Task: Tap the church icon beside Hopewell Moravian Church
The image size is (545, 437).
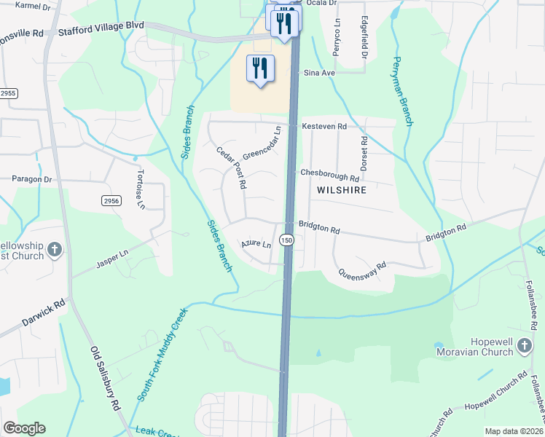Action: pyautogui.click(x=524, y=347)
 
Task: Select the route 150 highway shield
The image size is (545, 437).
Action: pyautogui.click(x=287, y=240)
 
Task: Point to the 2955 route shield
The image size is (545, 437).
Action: pyautogui.click(x=8, y=94)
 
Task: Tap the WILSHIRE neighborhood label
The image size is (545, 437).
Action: pyautogui.click(x=340, y=190)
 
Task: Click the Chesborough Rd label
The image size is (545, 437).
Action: pyautogui.click(x=330, y=175)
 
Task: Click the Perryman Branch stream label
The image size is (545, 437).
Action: pyautogui.click(x=403, y=90)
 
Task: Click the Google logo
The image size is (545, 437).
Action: pyautogui.click(x=24, y=428)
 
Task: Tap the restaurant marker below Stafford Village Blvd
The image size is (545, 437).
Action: pyautogui.click(x=260, y=69)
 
